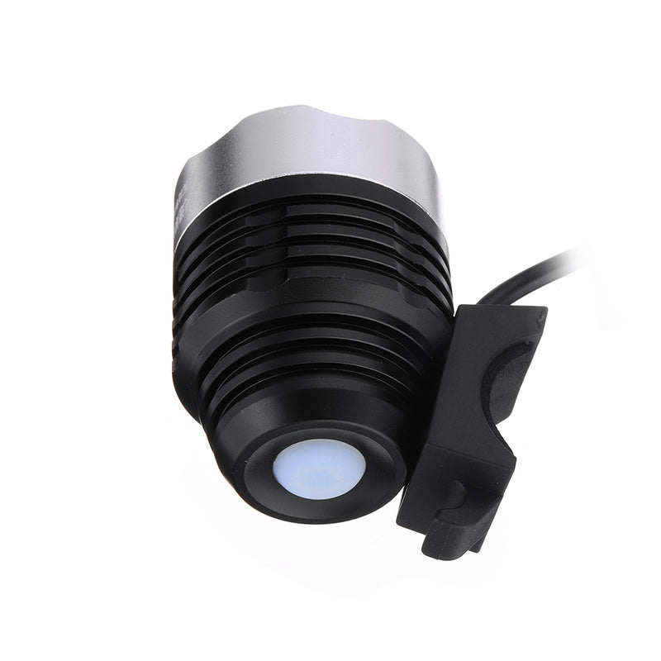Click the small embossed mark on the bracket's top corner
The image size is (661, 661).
[x=533, y=315]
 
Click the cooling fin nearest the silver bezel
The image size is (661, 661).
[x=314, y=216]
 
